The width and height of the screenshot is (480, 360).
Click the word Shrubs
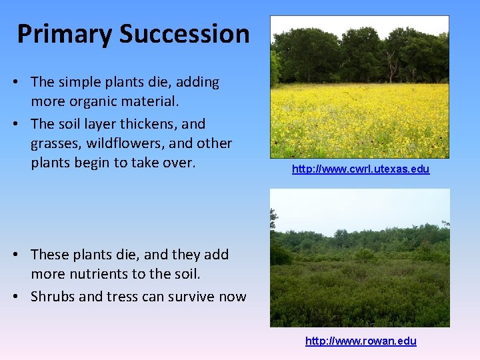(x=53, y=297)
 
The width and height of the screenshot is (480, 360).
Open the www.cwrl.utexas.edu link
(x=361, y=169)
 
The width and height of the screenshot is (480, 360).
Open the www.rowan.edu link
(x=361, y=341)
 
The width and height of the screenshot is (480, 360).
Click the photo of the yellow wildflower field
(x=359, y=87)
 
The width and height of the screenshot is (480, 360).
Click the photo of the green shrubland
(x=359, y=257)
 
